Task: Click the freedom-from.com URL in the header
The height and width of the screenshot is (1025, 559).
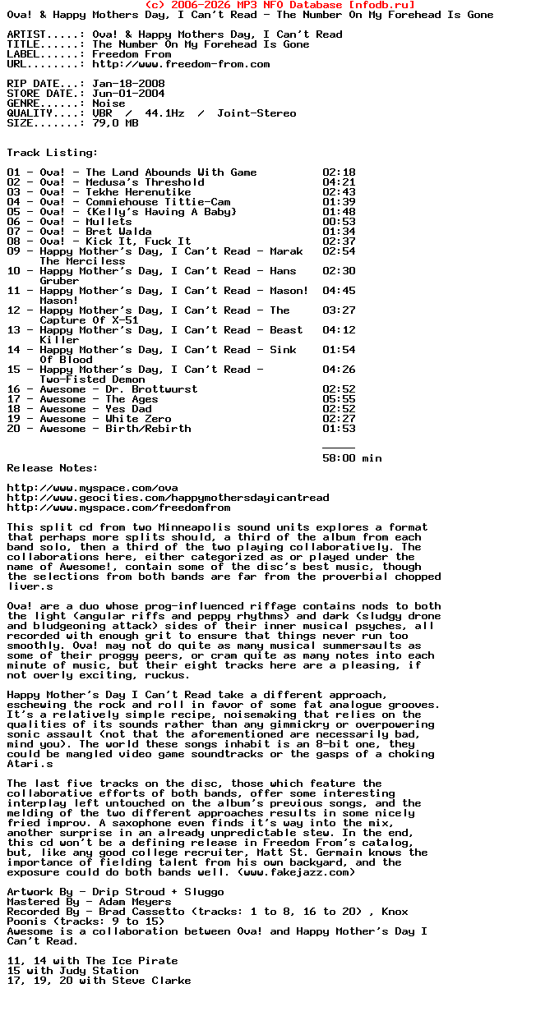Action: pos(181,64)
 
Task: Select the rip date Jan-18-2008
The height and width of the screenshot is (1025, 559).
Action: pos(128,84)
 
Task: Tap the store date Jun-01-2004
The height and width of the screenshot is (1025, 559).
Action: pos(128,94)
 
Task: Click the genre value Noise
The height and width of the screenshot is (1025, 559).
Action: pos(109,103)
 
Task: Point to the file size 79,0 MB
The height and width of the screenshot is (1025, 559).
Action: pos(115,123)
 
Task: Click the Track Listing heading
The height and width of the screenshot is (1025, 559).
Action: pos(53,153)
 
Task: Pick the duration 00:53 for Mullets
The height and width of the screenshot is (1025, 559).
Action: pos(339,222)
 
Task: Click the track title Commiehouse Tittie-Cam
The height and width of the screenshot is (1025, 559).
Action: pos(158,202)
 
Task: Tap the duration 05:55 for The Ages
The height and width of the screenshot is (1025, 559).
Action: pos(339,399)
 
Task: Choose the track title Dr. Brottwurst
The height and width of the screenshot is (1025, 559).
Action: pos(151,389)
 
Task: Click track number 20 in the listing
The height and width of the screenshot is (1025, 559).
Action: pos(13,429)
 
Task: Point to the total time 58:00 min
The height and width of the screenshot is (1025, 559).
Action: pos(352,458)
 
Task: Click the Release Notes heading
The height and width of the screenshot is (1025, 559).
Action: pos(53,468)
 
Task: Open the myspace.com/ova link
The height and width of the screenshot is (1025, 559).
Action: pos(92,488)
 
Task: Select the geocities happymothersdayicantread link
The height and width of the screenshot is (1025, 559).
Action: pos(168,498)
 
